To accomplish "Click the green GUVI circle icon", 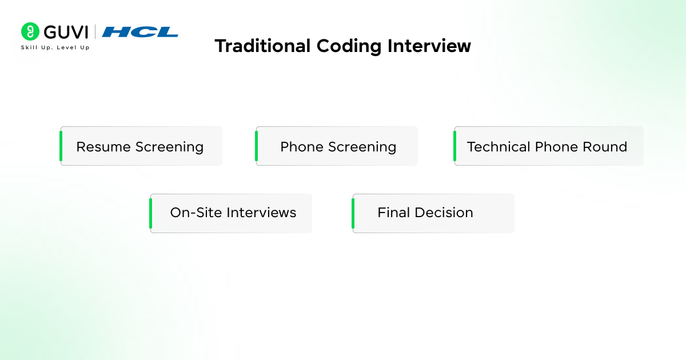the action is (30, 31).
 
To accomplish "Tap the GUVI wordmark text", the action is (66, 32).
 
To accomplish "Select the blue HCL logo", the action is (140, 32).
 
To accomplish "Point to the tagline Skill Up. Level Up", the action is (55, 47).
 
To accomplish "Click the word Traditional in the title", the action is (263, 46).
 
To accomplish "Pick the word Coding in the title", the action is (349, 46).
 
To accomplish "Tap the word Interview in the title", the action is (429, 46).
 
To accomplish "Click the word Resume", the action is (103, 147).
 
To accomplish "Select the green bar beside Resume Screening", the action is (61, 146).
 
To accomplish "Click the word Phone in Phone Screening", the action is (302, 147).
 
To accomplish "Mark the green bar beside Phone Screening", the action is (256, 146).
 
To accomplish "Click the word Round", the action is (605, 147).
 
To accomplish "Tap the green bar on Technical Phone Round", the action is (455, 146).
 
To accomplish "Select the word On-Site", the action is (196, 213).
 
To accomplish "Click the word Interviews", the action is (261, 213).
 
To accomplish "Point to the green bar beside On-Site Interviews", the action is (151, 213).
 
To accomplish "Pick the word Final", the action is (393, 213).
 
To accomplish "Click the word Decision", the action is (444, 213).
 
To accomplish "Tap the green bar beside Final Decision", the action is (353, 213).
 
